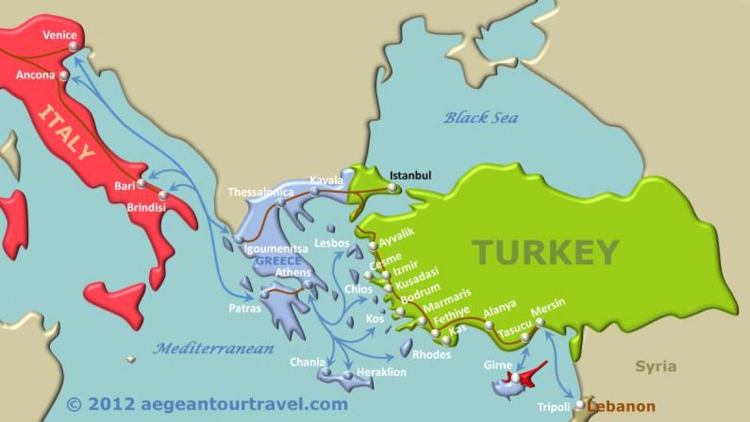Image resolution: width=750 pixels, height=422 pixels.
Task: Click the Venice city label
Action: pyautogui.click(x=59, y=35)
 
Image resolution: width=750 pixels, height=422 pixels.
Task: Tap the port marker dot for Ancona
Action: pyautogui.click(x=64, y=76)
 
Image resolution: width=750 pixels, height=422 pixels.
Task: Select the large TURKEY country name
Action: pyautogui.click(x=545, y=252)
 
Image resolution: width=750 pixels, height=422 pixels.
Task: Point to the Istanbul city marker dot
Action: pyautogui.click(x=392, y=187)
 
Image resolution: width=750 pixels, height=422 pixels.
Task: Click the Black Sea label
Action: pyautogui.click(x=481, y=117)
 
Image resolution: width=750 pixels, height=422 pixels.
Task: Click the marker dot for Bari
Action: pyautogui.click(x=142, y=183)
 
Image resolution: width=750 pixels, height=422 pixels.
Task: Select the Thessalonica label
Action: pyautogui.click(x=261, y=192)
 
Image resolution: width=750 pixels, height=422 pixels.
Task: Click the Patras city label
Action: pyautogui.click(x=245, y=308)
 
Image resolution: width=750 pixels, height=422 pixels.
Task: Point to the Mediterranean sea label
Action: pyautogui.click(x=214, y=349)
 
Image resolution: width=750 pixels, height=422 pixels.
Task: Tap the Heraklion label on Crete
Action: pyautogui.click(x=381, y=372)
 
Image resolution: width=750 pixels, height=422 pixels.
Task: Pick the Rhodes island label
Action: pyautogui.click(x=431, y=354)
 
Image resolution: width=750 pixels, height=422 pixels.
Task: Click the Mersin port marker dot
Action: pyautogui.click(x=540, y=322)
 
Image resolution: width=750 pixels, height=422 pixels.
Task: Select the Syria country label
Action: pyautogui.click(x=656, y=366)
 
